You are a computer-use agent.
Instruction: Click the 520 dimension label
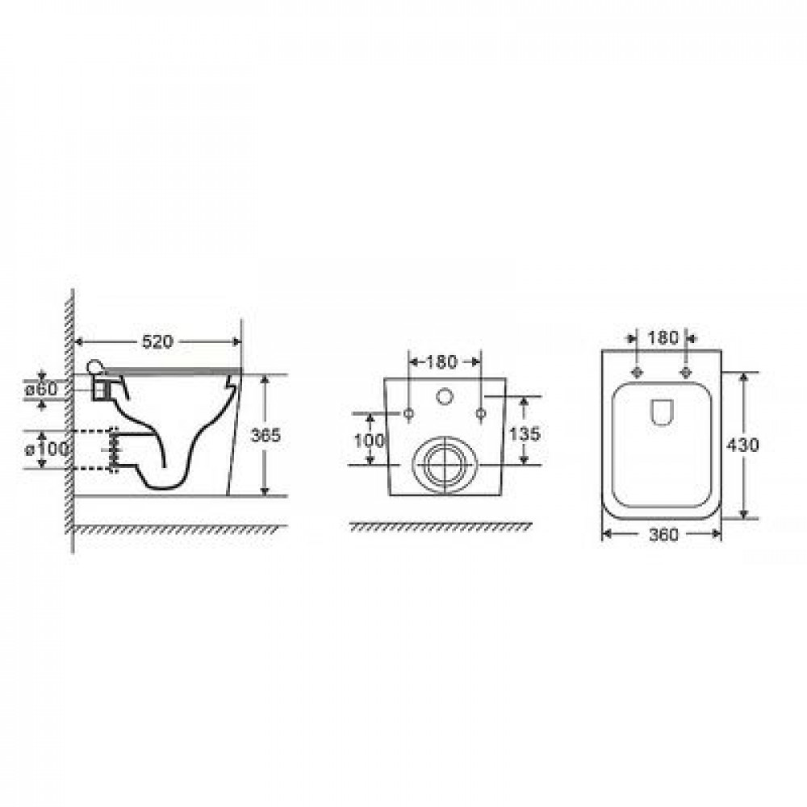(x=157, y=341)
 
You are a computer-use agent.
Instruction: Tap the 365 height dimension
(x=266, y=436)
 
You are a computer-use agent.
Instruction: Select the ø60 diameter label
(x=42, y=389)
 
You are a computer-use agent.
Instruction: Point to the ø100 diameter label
(x=47, y=449)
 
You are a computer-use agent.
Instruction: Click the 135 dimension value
(x=525, y=434)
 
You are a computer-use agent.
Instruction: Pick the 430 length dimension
(x=742, y=445)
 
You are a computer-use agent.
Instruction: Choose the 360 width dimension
(x=663, y=535)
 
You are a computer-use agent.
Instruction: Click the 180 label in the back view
(x=441, y=362)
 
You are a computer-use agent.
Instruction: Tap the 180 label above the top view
(x=663, y=338)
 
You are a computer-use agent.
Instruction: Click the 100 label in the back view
(x=369, y=441)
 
